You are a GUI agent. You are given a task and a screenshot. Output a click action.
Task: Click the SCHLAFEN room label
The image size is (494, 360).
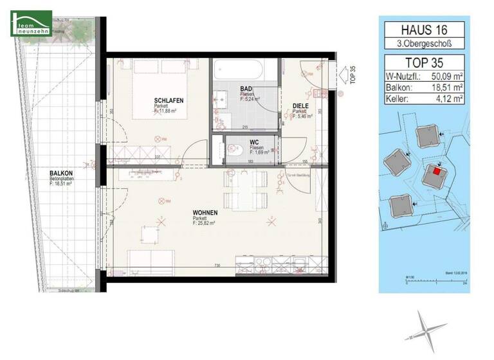click(169, 101)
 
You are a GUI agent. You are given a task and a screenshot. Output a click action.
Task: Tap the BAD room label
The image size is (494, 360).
click(246, 89)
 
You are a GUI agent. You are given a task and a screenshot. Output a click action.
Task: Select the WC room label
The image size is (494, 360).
click(253, 143)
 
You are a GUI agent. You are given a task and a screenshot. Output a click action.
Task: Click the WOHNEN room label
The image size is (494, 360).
click(205, 213)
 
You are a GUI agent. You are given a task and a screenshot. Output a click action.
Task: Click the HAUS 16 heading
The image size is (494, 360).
click(424, 30)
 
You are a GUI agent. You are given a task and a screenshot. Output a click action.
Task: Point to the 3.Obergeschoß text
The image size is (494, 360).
click(424, 44)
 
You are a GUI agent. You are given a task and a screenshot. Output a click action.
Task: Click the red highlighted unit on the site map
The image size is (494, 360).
click(437, 171)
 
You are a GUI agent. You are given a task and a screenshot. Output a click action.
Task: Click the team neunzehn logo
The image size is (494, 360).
click(30, 23)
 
